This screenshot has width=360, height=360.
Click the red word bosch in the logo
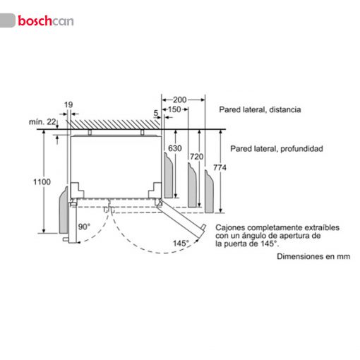tap(35, 20)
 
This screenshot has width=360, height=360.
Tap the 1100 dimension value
tap(42, 182)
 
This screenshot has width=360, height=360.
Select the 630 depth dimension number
tap(175, 148)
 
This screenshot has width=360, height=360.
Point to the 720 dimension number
tap(196, 157)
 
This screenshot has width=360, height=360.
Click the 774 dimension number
tap(220, 167)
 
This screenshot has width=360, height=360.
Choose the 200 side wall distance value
tap(180, 100)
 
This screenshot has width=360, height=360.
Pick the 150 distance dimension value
tap(174, 109)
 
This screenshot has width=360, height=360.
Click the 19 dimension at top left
tap(68, 104)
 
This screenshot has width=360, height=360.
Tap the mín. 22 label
tap(42, 122)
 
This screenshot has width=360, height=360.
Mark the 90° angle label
tap(84, 227)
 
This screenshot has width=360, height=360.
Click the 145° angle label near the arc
tap(181, 243)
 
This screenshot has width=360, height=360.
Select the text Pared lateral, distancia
tap(260, 109)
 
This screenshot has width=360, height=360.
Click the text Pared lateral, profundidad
tap(277, 149)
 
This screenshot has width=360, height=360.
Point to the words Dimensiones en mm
tap(313, 256)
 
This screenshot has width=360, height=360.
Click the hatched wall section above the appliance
tap(115, 125)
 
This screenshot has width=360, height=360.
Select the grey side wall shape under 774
tap(209, 192)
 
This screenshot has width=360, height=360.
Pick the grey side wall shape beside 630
tap(169, 175)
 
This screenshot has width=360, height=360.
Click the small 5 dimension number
tap(156, 113)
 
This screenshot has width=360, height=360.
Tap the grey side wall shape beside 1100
tap(64, 210)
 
